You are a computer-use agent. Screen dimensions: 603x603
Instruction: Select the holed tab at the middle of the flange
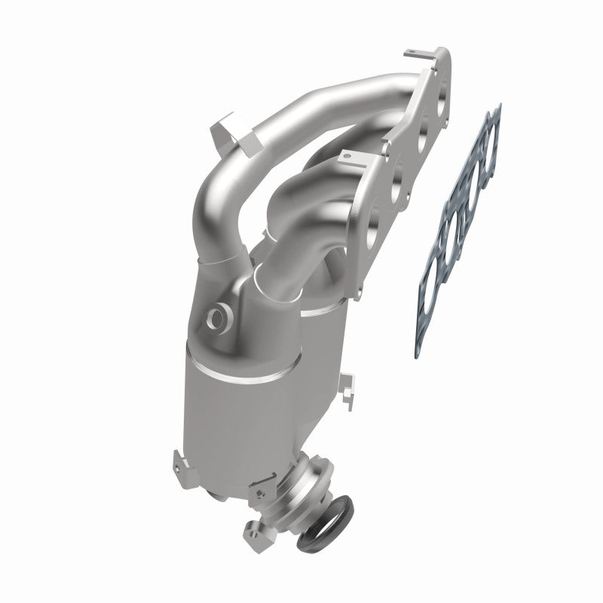tap(347, 157)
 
